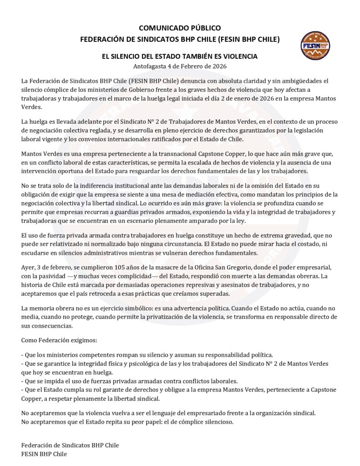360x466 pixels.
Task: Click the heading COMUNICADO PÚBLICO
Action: tap(180, 28)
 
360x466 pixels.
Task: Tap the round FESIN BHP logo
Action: tap(315, 46)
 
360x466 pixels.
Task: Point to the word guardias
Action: tap(130, 212)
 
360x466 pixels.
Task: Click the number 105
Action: tap(128, 268)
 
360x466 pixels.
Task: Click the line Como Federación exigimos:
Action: tap(59, 340)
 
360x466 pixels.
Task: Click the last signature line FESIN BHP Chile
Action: tap(44, 454)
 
